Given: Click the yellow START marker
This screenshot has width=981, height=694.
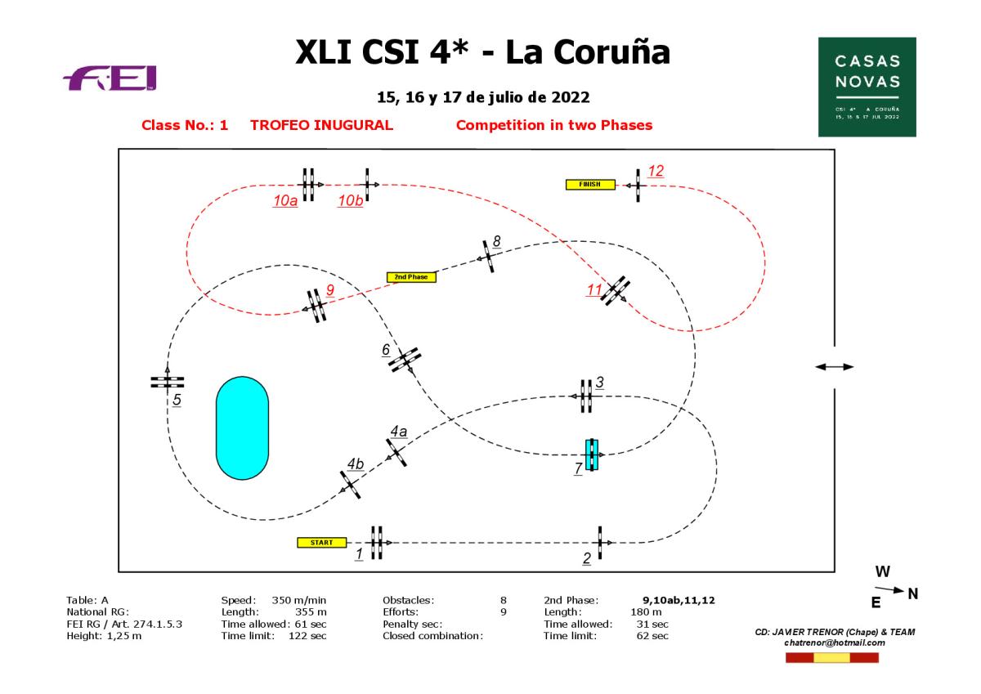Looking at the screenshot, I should pyautogui.click(x=322, y=542).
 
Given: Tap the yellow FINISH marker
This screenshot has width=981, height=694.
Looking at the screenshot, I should pyautogui.click(x=589, y=184).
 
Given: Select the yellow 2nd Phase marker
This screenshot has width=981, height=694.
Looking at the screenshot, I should pyautogui.click(x=411, y=277).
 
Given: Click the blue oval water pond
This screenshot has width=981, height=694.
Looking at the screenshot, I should pyautogui.click(x=241, y=428).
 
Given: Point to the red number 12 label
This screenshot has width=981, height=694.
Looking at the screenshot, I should pyautogui.click(x=656, y=171).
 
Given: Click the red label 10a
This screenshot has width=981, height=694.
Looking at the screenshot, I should pyautogui.click(x=285, y=201).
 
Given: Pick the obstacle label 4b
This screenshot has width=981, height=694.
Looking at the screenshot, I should pyautogui.click(x=355, y=464).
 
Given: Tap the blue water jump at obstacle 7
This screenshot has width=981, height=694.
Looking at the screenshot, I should pyautogui.click(x=592, y=454).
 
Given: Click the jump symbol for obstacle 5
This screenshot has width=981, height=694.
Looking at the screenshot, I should pyautogui.click(x=168, y=381).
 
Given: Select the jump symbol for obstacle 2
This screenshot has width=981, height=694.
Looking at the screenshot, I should pyautogui.click(x=601, y=543).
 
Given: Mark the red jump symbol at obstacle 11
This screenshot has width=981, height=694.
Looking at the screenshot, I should pyautogui.click(x=615, y=290).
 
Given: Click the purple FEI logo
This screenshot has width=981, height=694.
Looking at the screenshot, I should pyautogui.click(x=111, y=79).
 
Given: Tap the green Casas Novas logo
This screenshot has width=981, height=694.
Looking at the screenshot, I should pyautogui.click(x=867, y=87).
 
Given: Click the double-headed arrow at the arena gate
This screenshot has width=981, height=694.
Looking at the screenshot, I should pyautogui.click(x=834, y=367).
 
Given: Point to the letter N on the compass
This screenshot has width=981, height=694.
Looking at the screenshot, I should pyautogui.click(x=912, y=594).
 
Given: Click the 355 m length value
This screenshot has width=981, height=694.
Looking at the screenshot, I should pyautogui.click(x=311, y=611).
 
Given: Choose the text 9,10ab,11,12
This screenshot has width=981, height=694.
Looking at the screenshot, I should pyautogui.click(x=679, y=599).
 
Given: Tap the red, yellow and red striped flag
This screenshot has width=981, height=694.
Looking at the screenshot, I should pyautogui.click(x=831, y=657).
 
